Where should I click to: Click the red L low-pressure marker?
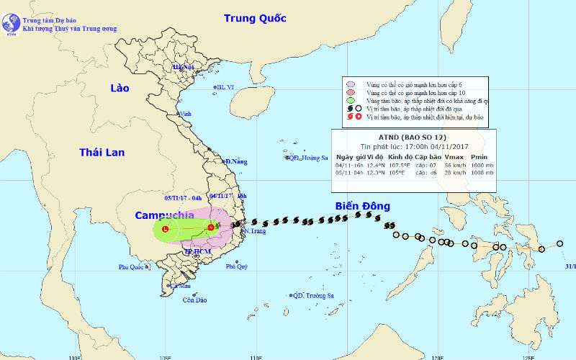[x=166, y=229]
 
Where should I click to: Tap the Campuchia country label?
[x=165, y=215]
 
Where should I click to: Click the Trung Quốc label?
[x=254, y=18]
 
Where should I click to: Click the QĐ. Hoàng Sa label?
[x=308, y=158]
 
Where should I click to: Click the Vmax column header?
[x=453, y=156]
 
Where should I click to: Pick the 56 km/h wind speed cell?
[x=453, y=165]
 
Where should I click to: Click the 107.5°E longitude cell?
[x=400, y=165]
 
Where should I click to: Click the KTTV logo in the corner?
[x=12, y=24]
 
